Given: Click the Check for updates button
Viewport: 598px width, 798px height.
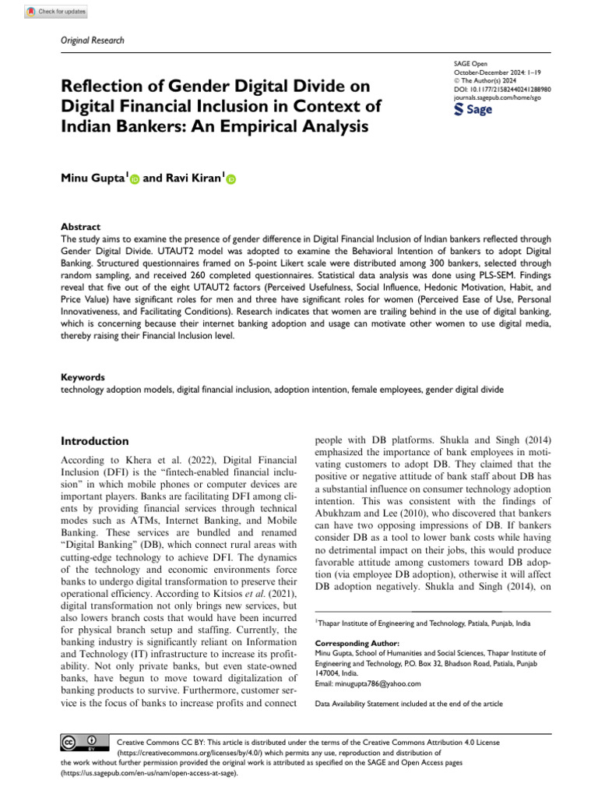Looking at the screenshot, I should [x=55, y=12].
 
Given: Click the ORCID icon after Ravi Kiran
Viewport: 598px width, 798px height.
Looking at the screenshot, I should [x=230, y=179].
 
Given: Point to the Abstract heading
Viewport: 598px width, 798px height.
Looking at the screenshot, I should [x=80, y=227].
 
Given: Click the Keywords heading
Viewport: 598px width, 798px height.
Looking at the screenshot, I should [x=83, y=376].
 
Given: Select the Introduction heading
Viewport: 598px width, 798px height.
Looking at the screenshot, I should [x=95, y=441].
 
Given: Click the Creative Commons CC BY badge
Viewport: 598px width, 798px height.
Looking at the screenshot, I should [x=81, y=743].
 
